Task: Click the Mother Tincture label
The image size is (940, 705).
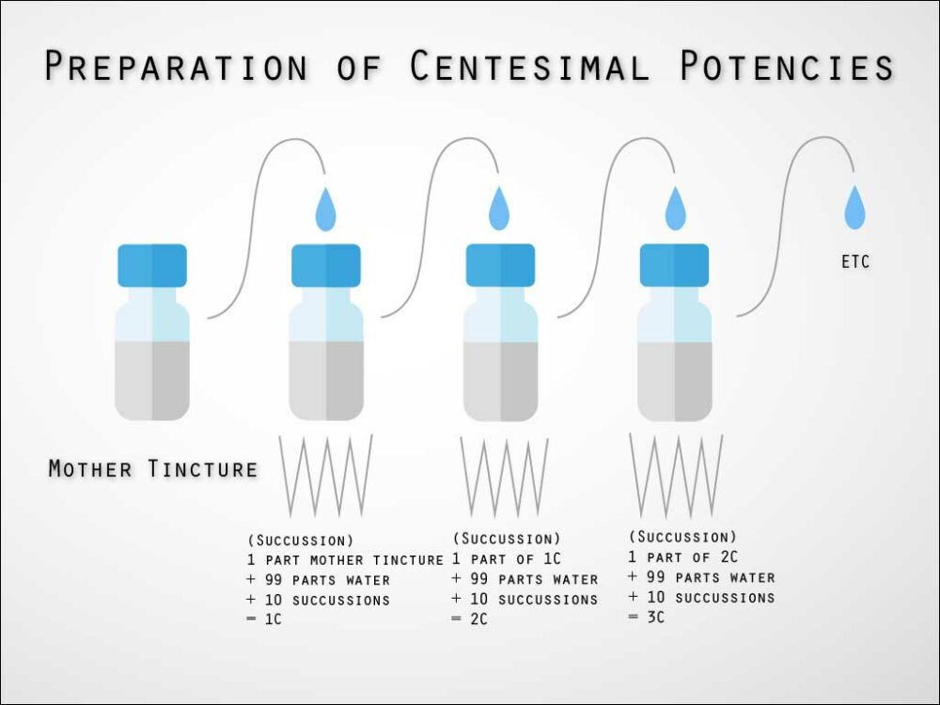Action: [153, 468]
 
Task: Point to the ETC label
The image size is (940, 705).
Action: [855, 262]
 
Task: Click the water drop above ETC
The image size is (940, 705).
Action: [854, 208]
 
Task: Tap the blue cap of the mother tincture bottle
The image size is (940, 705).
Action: [152, 265]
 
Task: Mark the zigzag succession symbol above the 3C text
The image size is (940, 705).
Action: [676, 475]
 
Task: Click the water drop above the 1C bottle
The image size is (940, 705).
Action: [325, 209]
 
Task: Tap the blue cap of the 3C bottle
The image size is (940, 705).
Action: [674, 265]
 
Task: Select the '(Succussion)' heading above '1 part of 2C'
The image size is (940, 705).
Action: [682, 537]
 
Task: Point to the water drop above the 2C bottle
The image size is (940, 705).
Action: [500, 209]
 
